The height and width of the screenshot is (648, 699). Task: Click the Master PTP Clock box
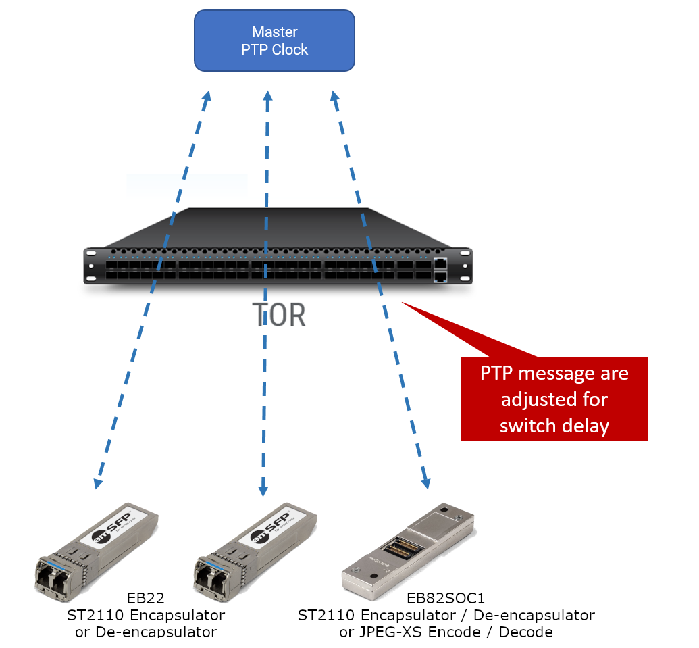pos(274,41)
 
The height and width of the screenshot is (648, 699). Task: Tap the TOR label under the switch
pos(279,314)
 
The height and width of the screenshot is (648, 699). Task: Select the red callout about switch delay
pos(554,399)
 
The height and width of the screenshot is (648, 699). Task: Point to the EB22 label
pos(145,598)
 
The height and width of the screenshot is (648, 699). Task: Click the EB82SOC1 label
pos(446,598)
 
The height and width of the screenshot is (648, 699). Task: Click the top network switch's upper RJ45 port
pos(440,263)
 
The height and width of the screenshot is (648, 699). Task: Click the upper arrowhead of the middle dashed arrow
pos(267,96)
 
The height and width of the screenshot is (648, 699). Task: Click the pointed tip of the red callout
pos(404,303)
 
